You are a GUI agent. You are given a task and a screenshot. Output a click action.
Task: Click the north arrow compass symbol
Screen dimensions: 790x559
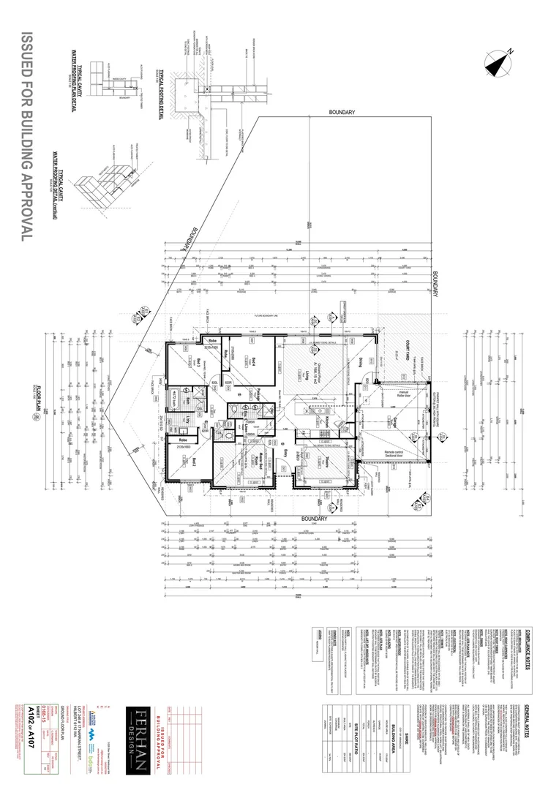click(500, 62)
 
